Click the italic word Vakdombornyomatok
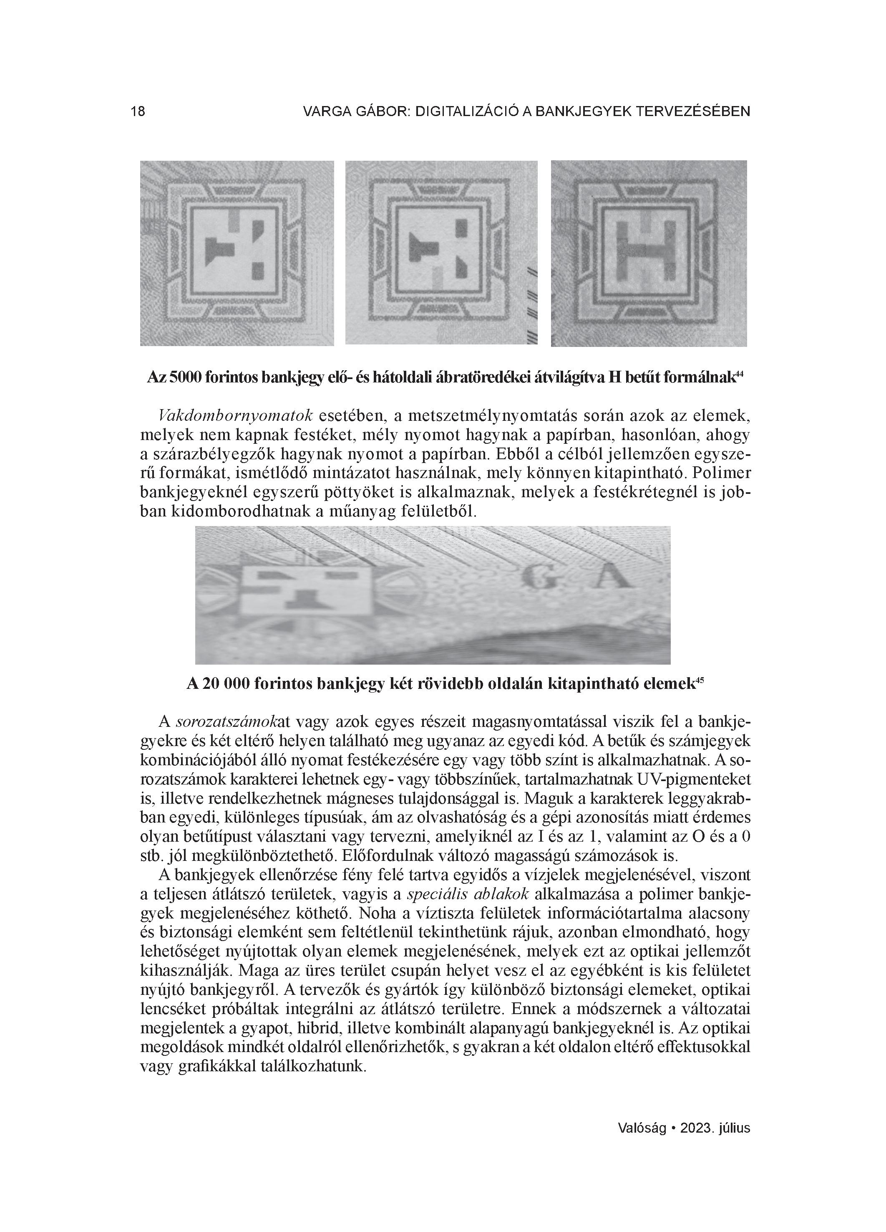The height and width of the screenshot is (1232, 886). pyautogui.click(x=236, y=416)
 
